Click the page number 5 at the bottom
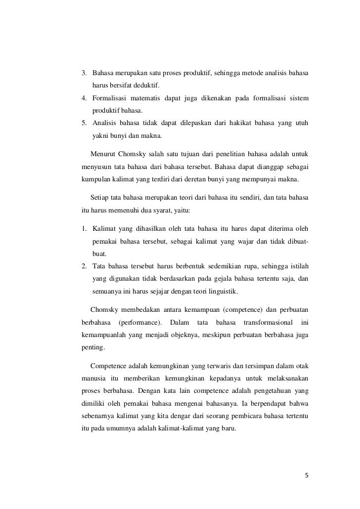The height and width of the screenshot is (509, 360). point(307,476)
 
